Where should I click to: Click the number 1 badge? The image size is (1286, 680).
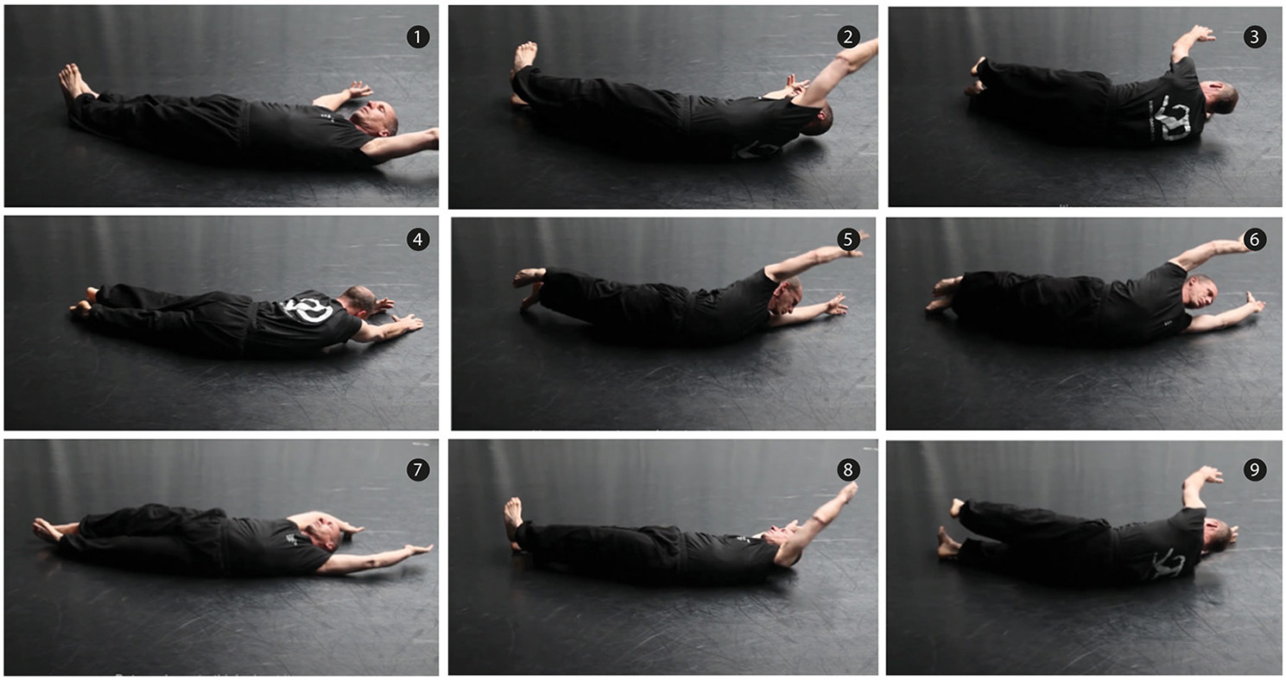[417, 37]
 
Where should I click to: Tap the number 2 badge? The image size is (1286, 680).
[848, 37]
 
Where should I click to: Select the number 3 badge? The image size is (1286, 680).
[1254, 37]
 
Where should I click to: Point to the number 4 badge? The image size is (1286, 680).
[417, 239]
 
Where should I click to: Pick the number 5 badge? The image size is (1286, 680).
[848, 239]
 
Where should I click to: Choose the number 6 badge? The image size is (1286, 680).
[1254, 239]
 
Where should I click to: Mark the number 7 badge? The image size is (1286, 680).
[417, 470]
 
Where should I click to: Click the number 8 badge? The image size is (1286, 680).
[848, 470]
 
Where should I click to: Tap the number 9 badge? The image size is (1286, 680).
[1254, 470]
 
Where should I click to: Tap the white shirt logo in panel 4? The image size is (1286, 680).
[307, 309]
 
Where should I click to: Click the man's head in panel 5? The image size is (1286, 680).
[787, 296]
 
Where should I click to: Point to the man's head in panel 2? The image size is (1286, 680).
[818, 121]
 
